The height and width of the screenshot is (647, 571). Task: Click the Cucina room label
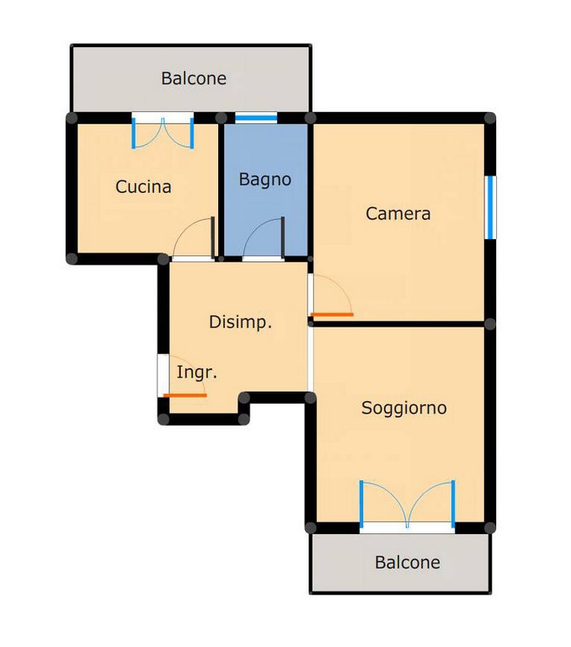pos(143,187)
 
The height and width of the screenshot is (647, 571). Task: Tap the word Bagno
pos(265,180)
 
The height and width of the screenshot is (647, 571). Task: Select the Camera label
pos(398,214)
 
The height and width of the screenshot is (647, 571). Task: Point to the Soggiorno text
pos(404,409)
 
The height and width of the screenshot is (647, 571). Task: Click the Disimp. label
pos(241,323)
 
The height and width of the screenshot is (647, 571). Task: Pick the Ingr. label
pos(197,372)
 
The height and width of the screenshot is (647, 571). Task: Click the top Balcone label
pos(194,78)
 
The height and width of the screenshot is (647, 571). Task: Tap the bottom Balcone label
pos(408,563)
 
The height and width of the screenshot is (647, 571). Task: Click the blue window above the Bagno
pos(256,118)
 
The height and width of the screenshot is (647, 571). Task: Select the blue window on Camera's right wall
pos(490,207)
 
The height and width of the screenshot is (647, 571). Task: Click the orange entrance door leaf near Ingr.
pos(184,396)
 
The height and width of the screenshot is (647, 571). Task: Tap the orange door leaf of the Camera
pos(332,315)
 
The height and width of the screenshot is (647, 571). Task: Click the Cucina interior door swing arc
pos(186,228)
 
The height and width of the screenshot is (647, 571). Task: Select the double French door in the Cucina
pos(163,133)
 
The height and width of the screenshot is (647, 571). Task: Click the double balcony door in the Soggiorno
pos(408,505)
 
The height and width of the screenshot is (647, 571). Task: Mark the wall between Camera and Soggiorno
pos(399,324)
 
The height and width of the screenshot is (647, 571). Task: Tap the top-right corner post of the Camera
pos(489,119)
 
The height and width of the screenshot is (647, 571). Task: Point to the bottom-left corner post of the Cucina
pos(72,259)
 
